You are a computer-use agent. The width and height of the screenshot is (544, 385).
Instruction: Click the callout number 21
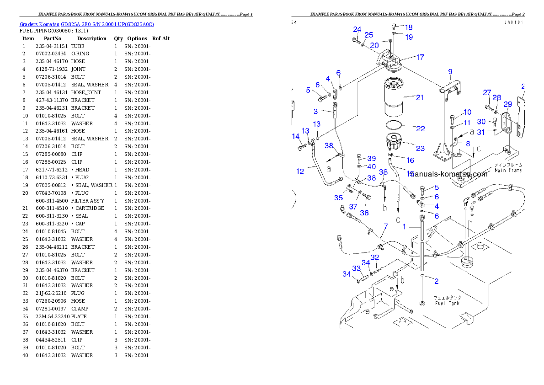(x=420, y=97)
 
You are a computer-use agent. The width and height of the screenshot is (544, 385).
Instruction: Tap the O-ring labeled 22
(x=393, y=125)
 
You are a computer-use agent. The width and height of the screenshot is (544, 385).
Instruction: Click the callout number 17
(x=420, y=58)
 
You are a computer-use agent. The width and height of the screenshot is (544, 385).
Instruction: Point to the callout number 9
(x=450, y=72)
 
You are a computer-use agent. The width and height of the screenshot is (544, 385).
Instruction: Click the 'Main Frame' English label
(x=508, y=171)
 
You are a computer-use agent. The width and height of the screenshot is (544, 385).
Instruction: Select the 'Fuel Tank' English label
(x=447, y=303)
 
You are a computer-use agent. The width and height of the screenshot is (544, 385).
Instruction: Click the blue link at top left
(x=87, y=24)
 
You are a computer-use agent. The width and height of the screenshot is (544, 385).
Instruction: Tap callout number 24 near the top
(x=357, y=30)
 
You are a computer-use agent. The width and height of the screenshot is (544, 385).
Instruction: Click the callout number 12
(x=300, y=172)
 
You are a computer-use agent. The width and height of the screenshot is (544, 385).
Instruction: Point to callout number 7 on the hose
(x=385, y=226)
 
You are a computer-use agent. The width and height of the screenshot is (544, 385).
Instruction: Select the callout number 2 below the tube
(x=436, y=282)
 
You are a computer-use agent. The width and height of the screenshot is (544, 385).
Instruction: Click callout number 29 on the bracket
(x=507, y=105)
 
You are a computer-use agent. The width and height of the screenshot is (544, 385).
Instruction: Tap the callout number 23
(x=420, y=148)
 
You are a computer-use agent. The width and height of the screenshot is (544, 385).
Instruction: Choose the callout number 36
(x=364, y=213)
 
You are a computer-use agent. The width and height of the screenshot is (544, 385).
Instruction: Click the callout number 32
(x=375, y=258)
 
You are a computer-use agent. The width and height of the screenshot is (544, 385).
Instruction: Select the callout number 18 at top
(x=409, y=27)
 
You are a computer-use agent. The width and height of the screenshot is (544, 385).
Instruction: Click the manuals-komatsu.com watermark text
(x=449, y=174)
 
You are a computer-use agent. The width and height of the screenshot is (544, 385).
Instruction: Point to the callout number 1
(x=404, y=226)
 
